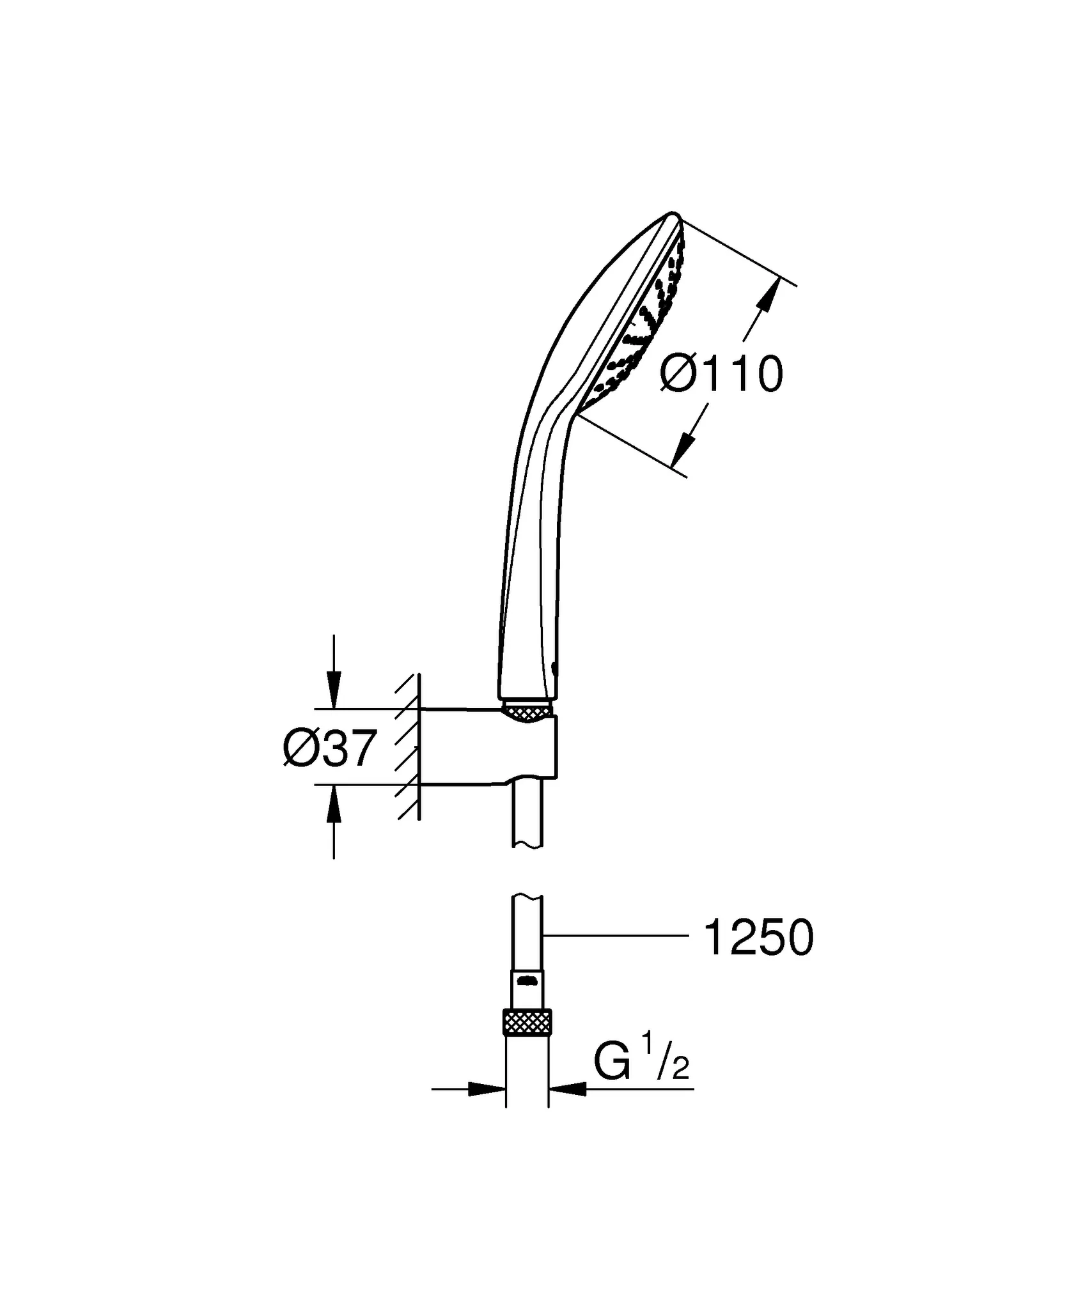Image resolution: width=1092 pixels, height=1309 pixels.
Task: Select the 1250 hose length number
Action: pos(758,938)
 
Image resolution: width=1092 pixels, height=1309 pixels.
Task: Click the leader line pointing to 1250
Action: pos(614,936)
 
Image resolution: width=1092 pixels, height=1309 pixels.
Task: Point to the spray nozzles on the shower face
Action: pos(639,332)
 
